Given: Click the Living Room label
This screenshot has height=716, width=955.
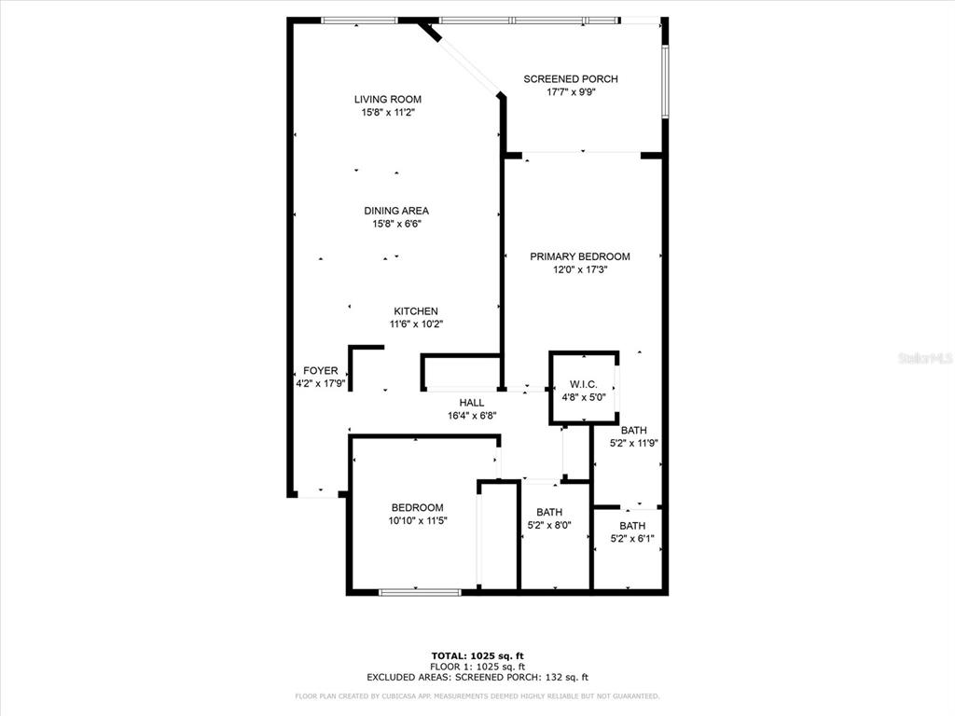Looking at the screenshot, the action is click(x=388, y=99).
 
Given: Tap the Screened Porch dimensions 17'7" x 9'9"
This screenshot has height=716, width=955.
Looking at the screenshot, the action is click(x=571, y=92).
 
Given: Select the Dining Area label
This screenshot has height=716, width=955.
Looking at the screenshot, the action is click(x=396, y=211).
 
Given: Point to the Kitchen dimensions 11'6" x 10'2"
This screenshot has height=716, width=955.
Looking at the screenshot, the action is click(x=416, y=324).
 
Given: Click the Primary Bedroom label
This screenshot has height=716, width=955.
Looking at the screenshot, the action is click(x=580, y=256).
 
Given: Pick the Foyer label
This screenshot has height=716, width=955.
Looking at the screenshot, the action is click(x=321, y=370).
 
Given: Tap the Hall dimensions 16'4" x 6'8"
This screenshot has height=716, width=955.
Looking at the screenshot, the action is click(x=472, y=417).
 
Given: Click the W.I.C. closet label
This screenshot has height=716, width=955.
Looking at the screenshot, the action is click(x=584, y=384).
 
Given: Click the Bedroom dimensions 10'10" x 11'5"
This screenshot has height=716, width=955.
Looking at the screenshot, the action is click(x=418, y=521).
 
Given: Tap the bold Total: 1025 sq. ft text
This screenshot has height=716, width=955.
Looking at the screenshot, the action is click(x=477, y=655).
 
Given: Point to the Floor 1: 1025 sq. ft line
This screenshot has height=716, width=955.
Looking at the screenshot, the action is click(x=477, y=667).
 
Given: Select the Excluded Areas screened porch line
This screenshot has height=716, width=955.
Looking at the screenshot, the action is click(x=477, y=677).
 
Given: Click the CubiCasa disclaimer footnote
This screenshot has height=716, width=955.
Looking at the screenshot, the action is click(x=477, y=695).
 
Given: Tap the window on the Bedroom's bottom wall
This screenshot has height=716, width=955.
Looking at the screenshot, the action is click(x=421, y=592).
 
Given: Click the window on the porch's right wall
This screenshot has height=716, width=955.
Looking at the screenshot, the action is click(x=665, y=82).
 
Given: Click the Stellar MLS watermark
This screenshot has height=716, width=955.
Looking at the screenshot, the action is click(x=925, y=358).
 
